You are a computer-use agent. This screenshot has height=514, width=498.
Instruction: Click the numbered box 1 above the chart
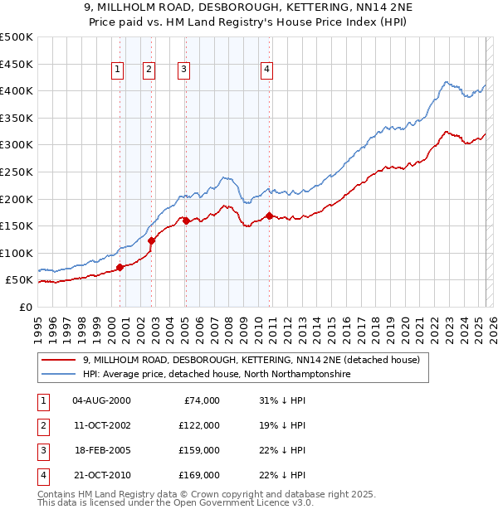(x=118, y=70)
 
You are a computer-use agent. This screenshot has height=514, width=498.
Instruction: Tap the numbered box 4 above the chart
(x=267, y=70)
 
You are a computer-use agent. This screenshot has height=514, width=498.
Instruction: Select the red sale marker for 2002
(x=152, y=241)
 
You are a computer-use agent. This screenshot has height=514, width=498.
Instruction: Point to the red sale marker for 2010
(x=270, y=216)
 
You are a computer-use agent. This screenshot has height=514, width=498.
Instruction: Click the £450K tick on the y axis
(x=16, y=64)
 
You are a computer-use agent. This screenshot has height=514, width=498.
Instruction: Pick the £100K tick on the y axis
(x=16, y=253)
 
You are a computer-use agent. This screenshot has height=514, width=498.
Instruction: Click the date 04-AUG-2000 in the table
(x=102, y=400)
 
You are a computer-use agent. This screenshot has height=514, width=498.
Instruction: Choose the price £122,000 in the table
(x=200, y=425)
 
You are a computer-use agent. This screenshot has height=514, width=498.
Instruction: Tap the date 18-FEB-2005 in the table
(x=102, y=450)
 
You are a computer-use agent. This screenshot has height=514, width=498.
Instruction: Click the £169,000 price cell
(x=200, y=475)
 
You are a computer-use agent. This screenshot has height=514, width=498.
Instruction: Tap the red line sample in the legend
(x=58, y=360)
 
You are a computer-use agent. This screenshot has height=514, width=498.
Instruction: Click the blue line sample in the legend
(x=58, y=375)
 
